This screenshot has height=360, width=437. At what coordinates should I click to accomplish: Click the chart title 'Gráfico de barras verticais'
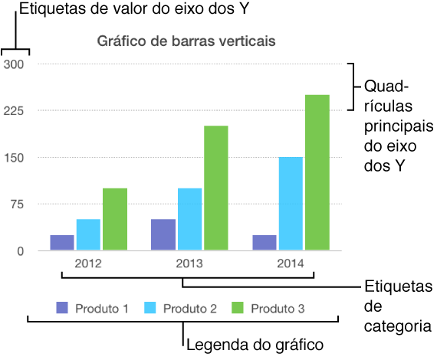tap(186, 41)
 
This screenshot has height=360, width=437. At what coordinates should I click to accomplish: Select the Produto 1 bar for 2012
tap(62, 242)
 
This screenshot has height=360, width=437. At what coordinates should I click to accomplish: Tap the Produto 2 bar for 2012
tap(88, 234)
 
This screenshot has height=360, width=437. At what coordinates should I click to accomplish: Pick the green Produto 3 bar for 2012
tap(115, 219)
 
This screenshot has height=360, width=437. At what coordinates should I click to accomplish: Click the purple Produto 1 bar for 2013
tap(163, 234)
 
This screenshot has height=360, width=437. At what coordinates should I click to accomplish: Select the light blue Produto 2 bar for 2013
tap(189, 219)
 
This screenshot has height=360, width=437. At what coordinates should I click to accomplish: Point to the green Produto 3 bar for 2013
tap(215, 188)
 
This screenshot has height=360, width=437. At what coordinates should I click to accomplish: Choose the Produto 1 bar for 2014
tap(264, 242)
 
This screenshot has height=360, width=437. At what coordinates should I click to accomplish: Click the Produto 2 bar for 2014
tap(291, 204)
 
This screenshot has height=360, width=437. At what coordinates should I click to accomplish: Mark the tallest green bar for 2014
tap(317, 172)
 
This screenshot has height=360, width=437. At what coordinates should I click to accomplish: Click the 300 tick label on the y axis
tap(15, 64)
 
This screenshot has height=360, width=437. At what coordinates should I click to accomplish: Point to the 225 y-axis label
tap(15, 111)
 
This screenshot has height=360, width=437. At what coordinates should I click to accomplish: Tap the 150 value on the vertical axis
tap(15, 158)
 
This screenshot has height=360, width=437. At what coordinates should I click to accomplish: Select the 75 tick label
tap(18, 205)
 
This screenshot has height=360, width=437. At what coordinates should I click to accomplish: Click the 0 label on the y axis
tap(21, 251)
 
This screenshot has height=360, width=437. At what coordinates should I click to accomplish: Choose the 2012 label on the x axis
tap(88, 263)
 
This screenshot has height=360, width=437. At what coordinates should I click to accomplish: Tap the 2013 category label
tap(189, 263)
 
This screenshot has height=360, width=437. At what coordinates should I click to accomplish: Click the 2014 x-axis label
tap(291, 263)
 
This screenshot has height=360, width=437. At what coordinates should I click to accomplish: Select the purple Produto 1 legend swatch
tap(62, 309)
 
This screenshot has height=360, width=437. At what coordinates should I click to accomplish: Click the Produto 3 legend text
tap(278, 309)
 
